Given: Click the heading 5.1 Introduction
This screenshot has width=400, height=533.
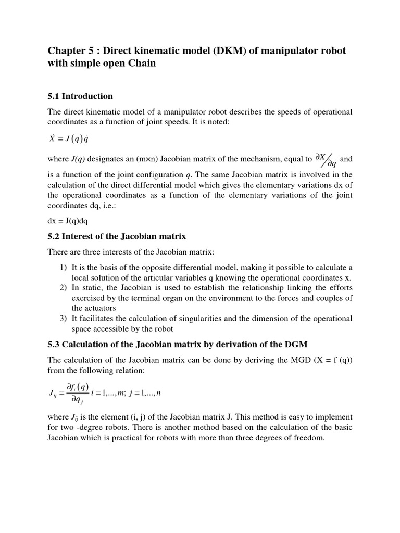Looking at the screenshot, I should click(80, 96).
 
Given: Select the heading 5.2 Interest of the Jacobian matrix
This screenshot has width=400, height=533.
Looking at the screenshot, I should click(117, 236).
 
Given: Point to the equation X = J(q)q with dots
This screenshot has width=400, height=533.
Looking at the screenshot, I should click(71, 139).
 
